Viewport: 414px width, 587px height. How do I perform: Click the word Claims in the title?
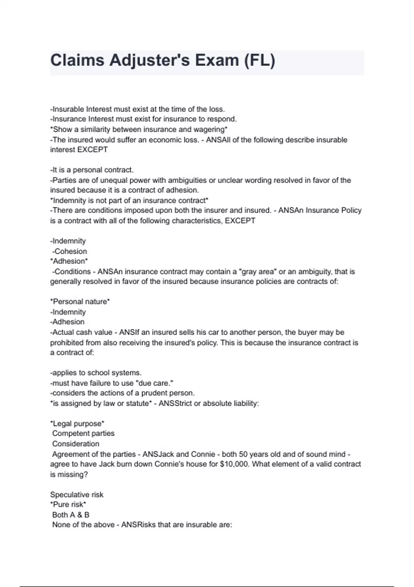tap(77, 60)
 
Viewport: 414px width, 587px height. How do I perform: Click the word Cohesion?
tap(71, 251)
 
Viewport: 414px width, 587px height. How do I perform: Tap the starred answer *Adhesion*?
tap(69, 261)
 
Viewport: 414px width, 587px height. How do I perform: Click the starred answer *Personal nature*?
tap(80, 302)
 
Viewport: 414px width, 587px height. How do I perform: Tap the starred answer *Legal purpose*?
tap(77, 424)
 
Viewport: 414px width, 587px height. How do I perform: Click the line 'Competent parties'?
tap(83, 434)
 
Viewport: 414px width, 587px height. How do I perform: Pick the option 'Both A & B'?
tap(71, 515)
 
